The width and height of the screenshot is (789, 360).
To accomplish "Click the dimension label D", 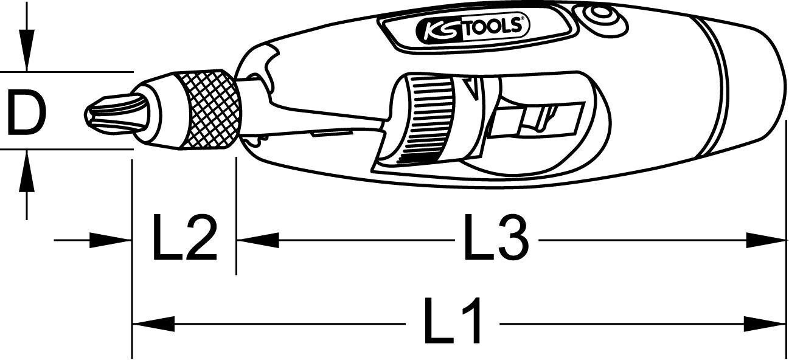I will click(x=26, y=112).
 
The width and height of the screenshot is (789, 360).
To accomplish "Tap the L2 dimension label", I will click(x=184, y=240).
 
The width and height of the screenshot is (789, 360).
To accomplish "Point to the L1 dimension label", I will click(x=454, y=320).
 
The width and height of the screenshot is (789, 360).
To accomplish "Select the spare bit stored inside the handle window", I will click(x=538, y=119).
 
